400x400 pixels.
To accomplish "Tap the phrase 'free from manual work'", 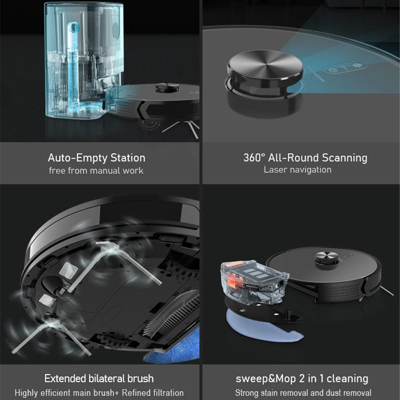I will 96,170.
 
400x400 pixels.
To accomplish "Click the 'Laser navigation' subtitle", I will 297,170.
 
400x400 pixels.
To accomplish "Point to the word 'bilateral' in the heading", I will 105,378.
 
